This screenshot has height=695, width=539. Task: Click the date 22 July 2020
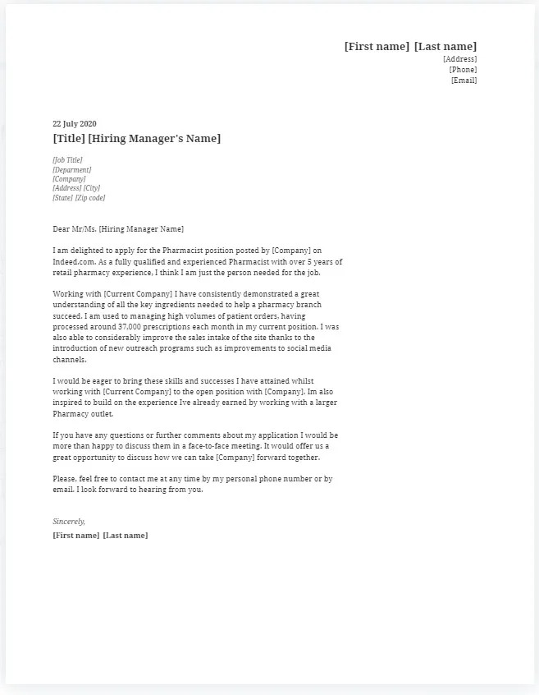point(74,124)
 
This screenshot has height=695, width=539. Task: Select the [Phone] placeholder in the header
point(463,70)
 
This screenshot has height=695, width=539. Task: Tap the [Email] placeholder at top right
point(464,81)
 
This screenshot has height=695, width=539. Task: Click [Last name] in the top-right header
point(445,47)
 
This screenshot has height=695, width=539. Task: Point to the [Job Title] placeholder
point(67,160)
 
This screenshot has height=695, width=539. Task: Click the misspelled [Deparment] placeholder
point(71,170)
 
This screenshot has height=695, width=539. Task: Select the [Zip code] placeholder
point(90,198)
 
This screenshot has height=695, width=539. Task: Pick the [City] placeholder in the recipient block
point(91,188)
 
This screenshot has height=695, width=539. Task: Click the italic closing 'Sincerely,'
point(69,522)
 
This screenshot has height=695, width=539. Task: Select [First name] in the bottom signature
point(75,536)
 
